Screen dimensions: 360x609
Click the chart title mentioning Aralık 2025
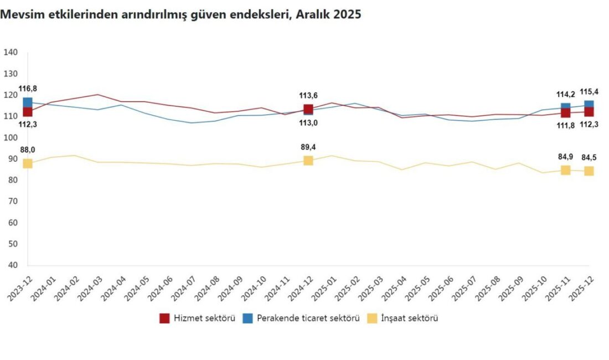pos(180,15)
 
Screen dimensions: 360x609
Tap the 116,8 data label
pos(27,89)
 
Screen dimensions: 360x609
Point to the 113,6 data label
pos(308,95)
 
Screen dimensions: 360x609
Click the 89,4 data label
pos(308,147)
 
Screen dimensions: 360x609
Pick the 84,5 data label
pos(589,158)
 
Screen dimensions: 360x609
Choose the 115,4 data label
pos(589,91)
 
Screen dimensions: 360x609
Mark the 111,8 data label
pos(565,125)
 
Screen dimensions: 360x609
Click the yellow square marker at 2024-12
pos(308,161)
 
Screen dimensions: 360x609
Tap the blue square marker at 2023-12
pos(28,102)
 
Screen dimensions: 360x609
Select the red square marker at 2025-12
pos(589,111)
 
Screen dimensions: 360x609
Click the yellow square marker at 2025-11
pos(565,170)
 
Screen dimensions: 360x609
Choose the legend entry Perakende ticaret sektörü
pos(301,318)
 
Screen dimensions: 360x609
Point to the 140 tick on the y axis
pos(11,53)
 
